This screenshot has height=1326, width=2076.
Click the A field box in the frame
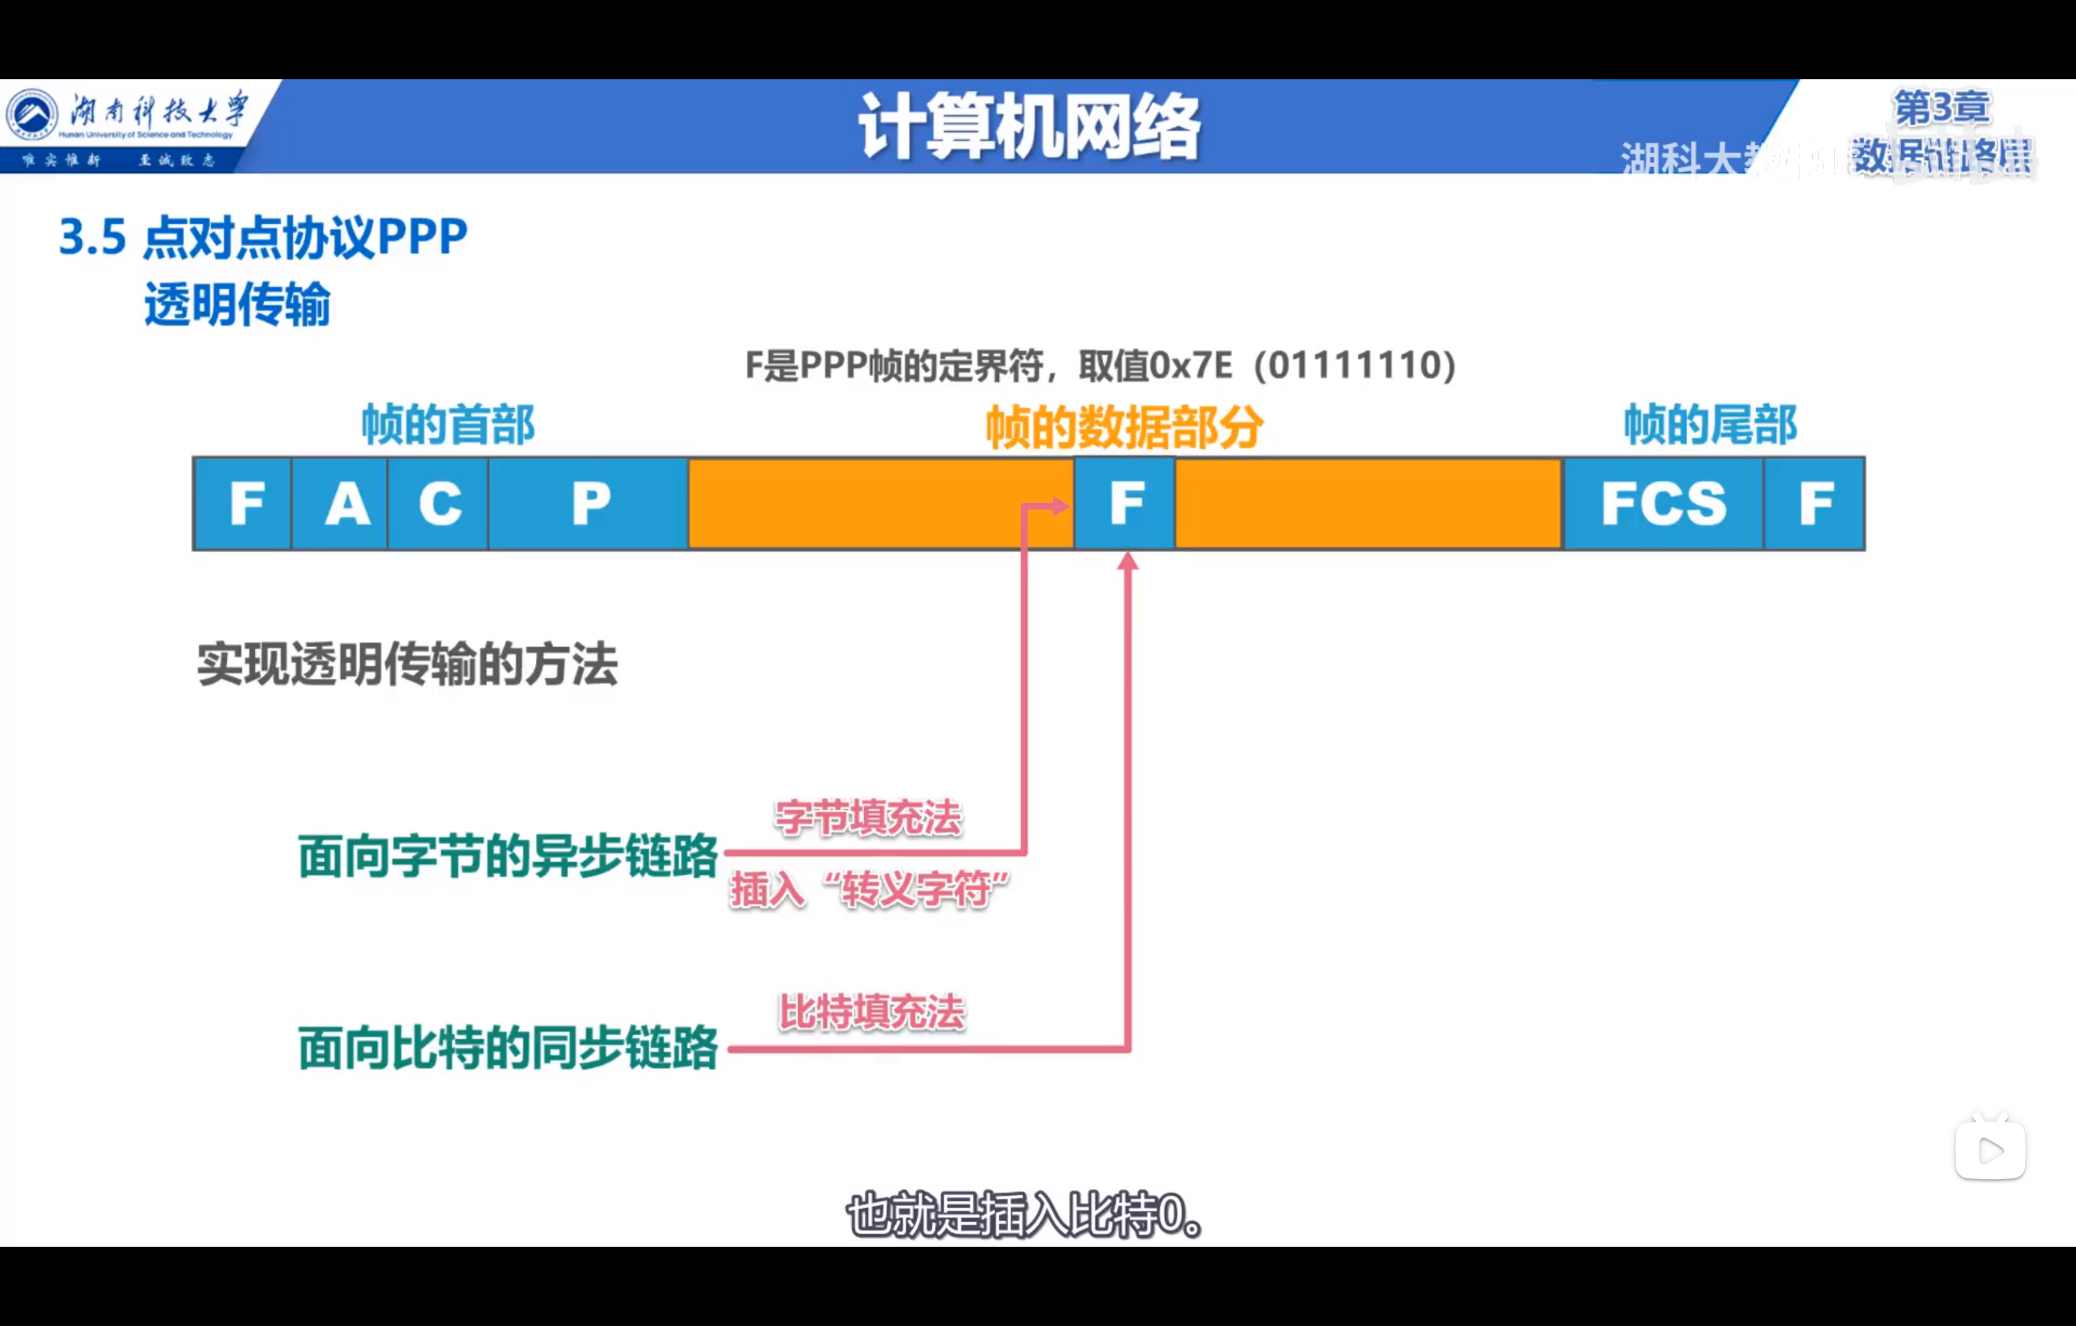[x=340, y=504]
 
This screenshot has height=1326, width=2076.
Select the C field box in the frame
[x=438, y=504]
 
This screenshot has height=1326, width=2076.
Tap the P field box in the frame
[x=589, y=504]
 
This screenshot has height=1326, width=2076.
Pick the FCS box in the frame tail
[x=1663, y=504]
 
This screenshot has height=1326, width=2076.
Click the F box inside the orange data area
[x=1124, y=504]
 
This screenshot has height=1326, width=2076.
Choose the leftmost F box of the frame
[x=243, y=504]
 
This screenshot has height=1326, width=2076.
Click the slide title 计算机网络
[x=1029, y=128]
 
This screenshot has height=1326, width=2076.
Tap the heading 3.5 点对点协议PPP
[x=263, y=237]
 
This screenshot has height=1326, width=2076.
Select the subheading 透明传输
[x=237, y=304]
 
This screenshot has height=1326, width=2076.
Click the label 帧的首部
[x=448, y=425]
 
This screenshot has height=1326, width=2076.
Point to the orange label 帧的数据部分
[x=1124, y=427]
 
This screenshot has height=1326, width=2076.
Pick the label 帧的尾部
[x=1711, y=425]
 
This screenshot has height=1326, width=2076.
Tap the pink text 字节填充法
[x=867, y=817]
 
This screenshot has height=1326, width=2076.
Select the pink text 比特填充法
[x=871, y=1013]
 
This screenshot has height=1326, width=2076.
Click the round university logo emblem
[x=32, y=115]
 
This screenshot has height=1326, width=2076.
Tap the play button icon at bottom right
[x=1989, y=1150]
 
